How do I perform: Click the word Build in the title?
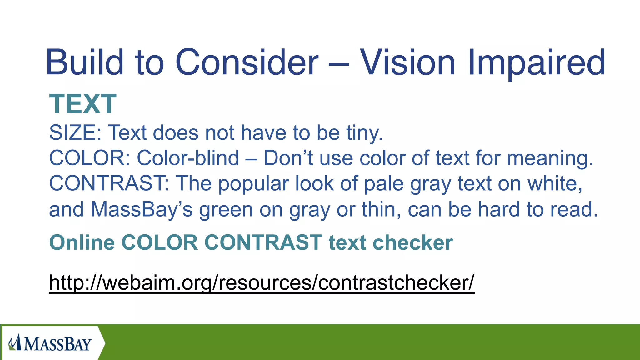pyautogui.click(x=85, y=62)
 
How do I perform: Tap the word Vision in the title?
pyautogui.click(x=407, y=62)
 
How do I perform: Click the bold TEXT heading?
pyautogui.click(x=83, y=104)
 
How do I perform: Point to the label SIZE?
pyautogui.click(x=75, y=132)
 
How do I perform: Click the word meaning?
pyautogui.click(x=550, y=158)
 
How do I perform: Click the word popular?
pyautogui.click(x=253, y=184)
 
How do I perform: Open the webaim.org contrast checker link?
pyautogui.click(x=262, y=282)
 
